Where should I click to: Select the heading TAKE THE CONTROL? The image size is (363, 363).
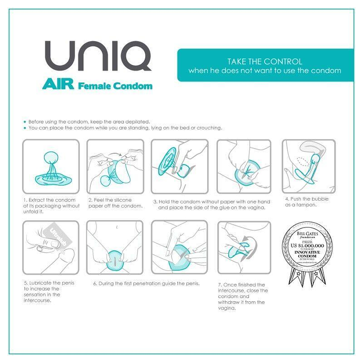[264, 62]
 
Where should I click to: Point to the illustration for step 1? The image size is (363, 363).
[51, 166]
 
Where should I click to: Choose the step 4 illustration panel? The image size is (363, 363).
[309, 166]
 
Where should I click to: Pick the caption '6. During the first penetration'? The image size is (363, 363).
[146, 283]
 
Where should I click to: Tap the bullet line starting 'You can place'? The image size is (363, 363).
[125, 128]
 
